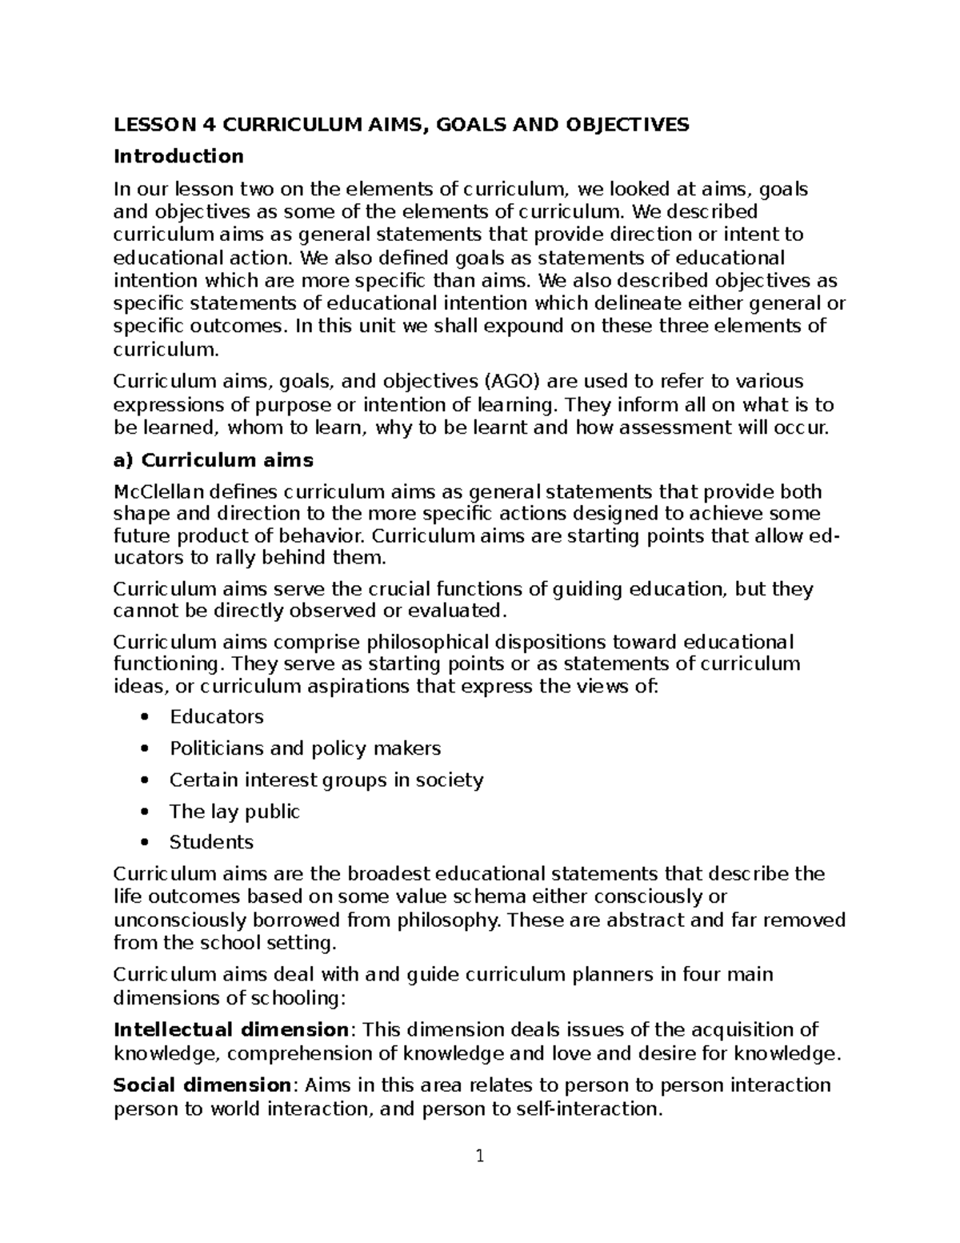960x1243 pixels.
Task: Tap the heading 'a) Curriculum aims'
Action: (x=214, y=460)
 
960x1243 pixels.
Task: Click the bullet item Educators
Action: (x=216, y=716)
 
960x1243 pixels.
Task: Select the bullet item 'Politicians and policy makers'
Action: (x=305, y=748)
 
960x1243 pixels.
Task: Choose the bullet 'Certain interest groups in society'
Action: (x=326, y=780)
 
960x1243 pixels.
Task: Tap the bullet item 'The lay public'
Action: (x=234, y=812)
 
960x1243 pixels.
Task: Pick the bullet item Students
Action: (x=211, y=842)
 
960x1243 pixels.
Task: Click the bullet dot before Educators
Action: (x=144, y=717)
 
